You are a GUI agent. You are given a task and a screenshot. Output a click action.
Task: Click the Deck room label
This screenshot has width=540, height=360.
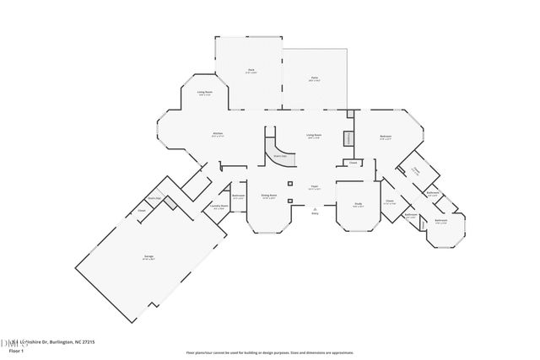pos(251,70)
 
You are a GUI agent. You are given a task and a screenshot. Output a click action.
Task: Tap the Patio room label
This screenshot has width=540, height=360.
pos(313,78)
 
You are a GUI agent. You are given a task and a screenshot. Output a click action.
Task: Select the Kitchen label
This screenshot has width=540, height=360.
pos(217,134)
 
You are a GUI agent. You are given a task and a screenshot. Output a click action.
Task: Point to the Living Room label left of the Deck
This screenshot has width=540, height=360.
pos(204,93)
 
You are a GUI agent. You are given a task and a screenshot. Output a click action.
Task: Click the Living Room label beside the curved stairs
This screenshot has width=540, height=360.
pos(313,135)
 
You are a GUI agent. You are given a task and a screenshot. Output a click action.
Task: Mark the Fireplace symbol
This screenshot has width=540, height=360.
pos(347,140)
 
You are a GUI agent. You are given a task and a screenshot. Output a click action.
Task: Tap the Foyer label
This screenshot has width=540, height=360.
pos(313,187)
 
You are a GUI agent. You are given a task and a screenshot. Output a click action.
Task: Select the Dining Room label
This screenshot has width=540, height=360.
pos(267,196)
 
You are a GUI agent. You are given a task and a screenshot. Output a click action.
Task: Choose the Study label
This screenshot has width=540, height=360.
pos(359,204)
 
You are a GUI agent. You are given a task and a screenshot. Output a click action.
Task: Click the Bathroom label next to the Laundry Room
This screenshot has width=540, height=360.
pos(239,197)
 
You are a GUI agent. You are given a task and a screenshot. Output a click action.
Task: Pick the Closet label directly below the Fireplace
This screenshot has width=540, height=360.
pos(353,163)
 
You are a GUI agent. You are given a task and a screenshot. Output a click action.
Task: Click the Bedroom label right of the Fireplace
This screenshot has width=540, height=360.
pos(385,137)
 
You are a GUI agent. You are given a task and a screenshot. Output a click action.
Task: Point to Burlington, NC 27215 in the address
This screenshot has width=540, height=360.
pos(72,342)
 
